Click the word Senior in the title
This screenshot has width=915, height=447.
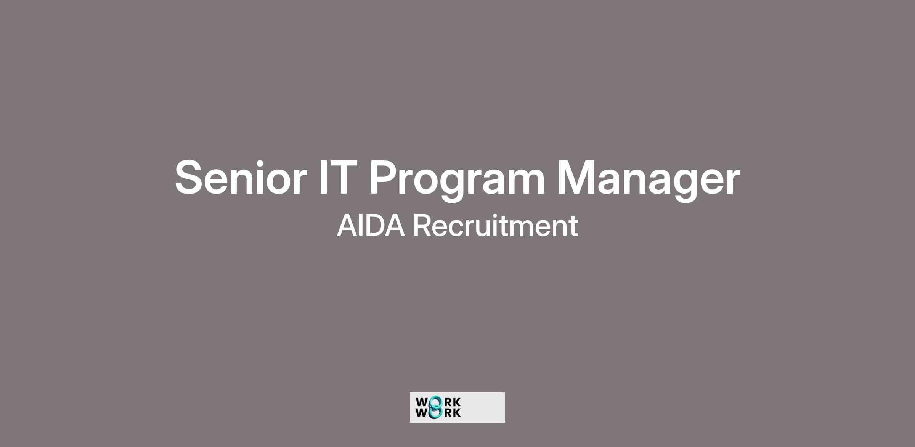241,178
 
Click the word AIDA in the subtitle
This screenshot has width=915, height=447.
371,226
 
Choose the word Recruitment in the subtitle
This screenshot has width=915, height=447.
496,226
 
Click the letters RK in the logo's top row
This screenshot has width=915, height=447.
453,402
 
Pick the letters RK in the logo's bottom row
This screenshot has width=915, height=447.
453,413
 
